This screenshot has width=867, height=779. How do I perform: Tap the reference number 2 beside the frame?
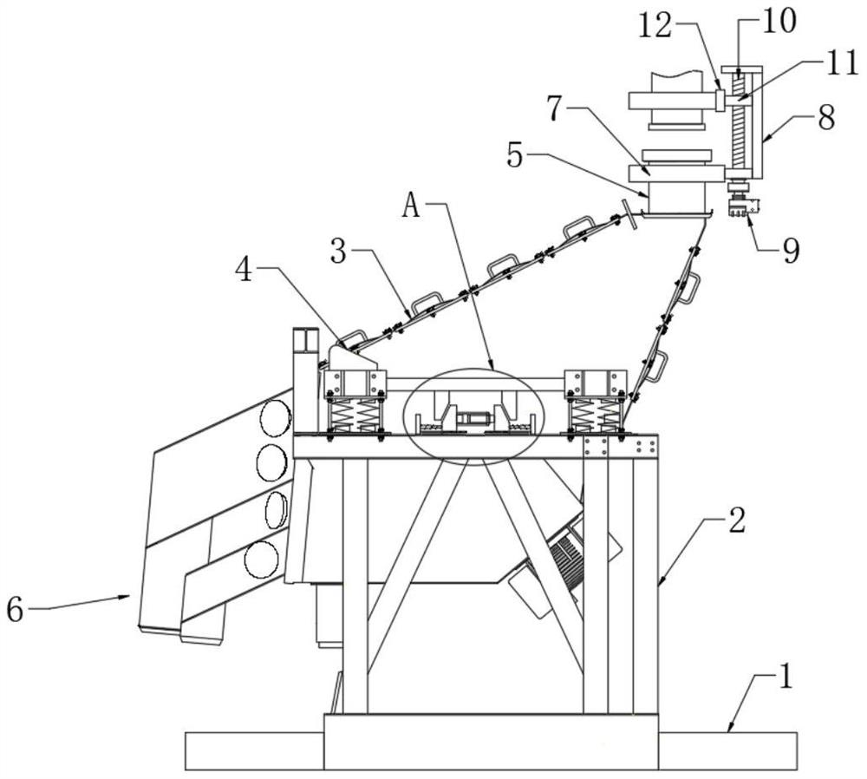point(737,520)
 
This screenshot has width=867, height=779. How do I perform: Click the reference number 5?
point(515,156)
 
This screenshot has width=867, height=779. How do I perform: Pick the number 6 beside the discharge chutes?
point(16,609)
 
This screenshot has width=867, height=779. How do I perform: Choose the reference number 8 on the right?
point(826,117)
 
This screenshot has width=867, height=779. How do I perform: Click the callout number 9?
point(792,251)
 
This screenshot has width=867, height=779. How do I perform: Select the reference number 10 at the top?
point(778,21)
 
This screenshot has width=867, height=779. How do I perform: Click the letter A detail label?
point(413,205)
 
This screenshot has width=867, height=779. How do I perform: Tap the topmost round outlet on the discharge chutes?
point(275,419)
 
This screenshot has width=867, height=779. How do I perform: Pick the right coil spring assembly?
point(595,416)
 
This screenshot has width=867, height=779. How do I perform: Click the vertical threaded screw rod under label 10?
point(739,121)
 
